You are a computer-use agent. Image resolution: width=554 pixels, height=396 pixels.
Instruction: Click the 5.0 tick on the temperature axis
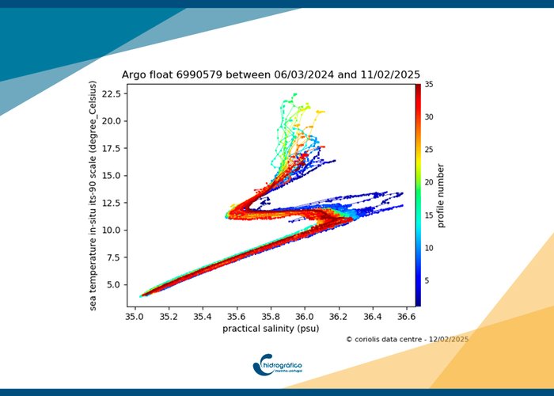point(117,284)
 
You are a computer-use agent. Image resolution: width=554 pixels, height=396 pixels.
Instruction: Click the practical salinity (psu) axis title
point(271,329)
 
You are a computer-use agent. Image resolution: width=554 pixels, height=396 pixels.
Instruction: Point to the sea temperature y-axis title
point(93,194)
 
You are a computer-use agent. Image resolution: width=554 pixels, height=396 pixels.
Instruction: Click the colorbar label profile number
point(441,195)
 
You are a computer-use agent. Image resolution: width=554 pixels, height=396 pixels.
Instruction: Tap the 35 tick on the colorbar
point(428,83)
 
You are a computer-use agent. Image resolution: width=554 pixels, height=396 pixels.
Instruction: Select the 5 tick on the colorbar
point(427,280)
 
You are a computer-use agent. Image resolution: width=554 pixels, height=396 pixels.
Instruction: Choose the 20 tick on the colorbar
point(428,181)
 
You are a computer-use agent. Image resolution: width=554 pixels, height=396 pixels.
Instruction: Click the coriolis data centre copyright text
point(407,339)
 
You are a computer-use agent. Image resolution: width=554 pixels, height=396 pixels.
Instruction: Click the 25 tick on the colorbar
point(428,149)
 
